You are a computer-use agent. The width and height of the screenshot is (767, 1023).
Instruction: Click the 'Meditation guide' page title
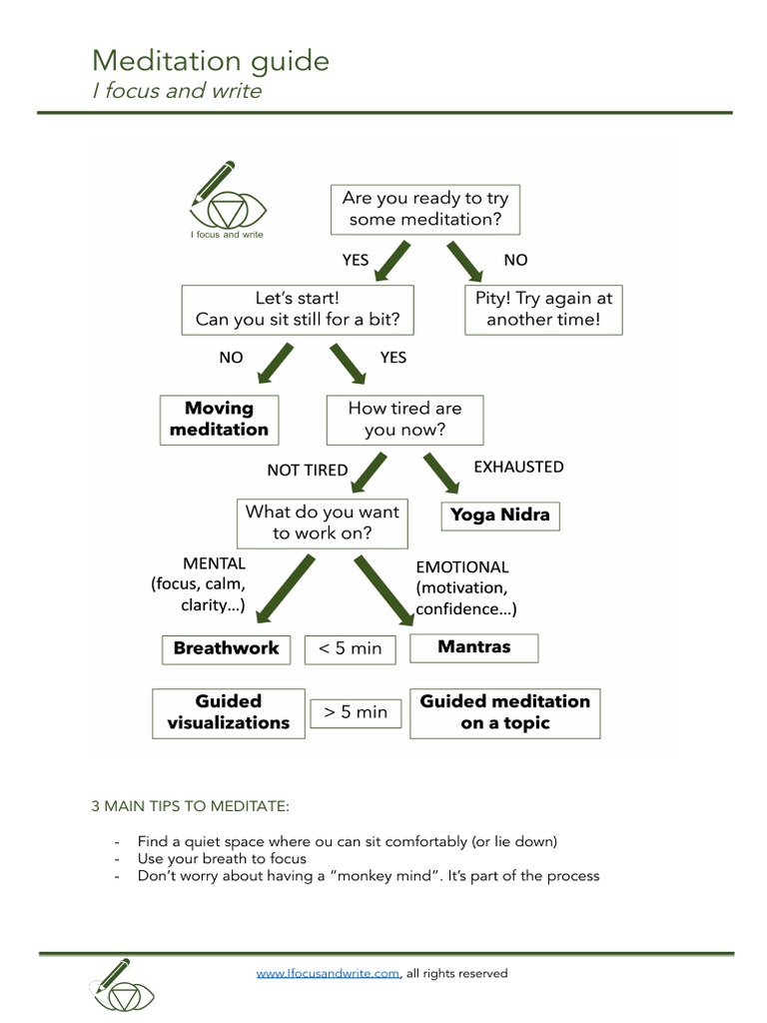(210, 62)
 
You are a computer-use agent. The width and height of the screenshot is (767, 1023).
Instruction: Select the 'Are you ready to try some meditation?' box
(425, 209)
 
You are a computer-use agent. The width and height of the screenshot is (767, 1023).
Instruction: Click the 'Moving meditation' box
(219, 420)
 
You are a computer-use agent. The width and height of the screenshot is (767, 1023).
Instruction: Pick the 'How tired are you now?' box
(404, 420)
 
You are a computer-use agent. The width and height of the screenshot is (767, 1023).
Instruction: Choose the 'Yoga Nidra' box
(500, 515)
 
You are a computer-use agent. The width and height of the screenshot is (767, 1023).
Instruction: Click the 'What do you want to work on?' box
(322, 522)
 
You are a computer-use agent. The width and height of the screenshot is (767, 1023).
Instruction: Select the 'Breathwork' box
(226, 648)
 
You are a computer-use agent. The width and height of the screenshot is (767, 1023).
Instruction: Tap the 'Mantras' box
(473, 647)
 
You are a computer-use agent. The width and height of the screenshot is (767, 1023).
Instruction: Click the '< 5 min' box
(350, 648)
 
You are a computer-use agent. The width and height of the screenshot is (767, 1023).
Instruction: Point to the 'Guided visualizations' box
(229, 712)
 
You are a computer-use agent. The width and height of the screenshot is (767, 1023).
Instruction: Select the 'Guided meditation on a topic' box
(504, 712)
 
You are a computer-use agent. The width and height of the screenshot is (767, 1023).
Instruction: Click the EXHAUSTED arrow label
(518, 467)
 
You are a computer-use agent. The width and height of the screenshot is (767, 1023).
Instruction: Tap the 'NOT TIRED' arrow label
(307, 471)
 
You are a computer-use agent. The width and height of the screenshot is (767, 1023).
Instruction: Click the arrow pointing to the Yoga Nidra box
(439, 472)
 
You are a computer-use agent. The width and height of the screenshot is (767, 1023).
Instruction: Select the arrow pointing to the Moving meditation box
(277, 363)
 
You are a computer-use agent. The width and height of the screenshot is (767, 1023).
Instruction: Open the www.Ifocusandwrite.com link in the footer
(329, 973)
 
